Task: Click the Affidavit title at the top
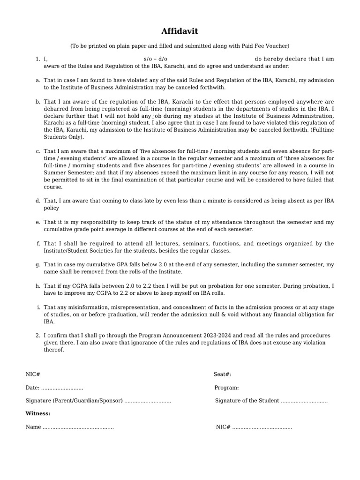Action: [180, 31]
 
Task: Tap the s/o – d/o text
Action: [156, 59]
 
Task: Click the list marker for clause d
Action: [37, 201]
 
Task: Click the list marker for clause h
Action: [37, 286]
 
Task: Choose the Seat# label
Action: [222, 374]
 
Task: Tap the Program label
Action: [226, 388]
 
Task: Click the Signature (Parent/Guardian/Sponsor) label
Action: [74, 401]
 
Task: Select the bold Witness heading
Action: [38, 413]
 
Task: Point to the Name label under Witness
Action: [33, 427]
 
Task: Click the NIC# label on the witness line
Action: [223, 427]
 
